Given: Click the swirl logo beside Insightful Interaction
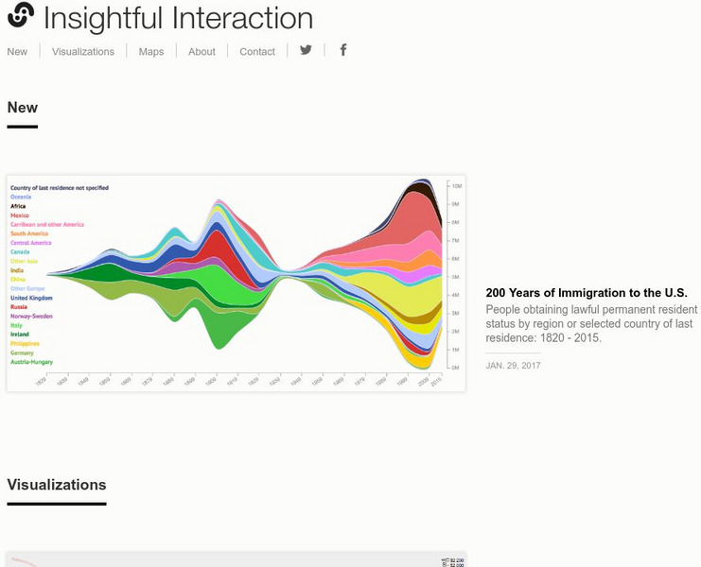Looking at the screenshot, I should click(x=21, y=15).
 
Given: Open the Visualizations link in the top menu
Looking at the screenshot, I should click(x=83, y=52).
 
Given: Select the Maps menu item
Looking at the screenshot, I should click(x=151, y=52).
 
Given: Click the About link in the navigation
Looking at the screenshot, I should click(x=202, y=52).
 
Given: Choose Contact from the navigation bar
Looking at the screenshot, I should click(x=257, y=52).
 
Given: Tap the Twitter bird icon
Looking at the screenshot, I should click(x=306, y=50).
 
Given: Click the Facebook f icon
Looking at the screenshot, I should click(x=343, y=50).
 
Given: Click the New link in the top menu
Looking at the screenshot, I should click(x=17, y=52).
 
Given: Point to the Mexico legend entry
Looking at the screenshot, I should click(x=20, y=215).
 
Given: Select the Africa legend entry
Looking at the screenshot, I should click(x=18, y=206).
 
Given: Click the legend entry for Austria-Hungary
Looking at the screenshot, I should click(x=31, y=362).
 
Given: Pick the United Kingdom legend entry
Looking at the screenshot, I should click(x=31, y=298).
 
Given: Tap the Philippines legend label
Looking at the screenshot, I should click(x=26, y=344).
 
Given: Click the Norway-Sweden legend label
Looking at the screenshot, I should click(x=31, y=317).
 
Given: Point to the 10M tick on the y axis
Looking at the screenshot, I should click(x=455, y=186).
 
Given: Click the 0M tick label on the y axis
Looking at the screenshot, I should click(x=455, y=368).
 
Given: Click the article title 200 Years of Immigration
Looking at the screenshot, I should click(x=586, y=293).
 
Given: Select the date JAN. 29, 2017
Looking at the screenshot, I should click(x=514, y=365).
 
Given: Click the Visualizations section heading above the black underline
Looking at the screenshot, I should click(x=57, y=485).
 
